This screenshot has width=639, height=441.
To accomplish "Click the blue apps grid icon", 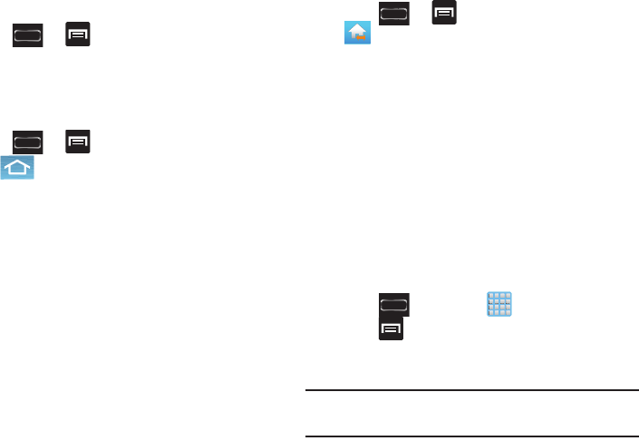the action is point(499,304).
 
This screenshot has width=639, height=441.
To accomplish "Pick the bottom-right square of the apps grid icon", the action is point(507,311).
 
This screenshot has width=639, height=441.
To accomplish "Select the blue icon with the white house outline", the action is point(17,167).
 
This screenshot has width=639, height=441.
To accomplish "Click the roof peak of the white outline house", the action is point(17,159).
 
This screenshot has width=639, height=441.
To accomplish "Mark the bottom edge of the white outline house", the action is point(17,174).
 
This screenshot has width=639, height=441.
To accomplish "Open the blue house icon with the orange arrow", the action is point(357,34).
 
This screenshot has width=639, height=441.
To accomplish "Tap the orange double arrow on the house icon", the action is point(362,39).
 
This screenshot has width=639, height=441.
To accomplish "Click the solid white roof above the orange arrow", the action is point(356,29).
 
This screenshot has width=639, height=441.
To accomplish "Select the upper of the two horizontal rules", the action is point(470,391).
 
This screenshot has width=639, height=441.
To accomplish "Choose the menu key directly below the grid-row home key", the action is point(391,330).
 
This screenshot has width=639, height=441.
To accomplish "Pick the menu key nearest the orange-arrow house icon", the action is point(444,12).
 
